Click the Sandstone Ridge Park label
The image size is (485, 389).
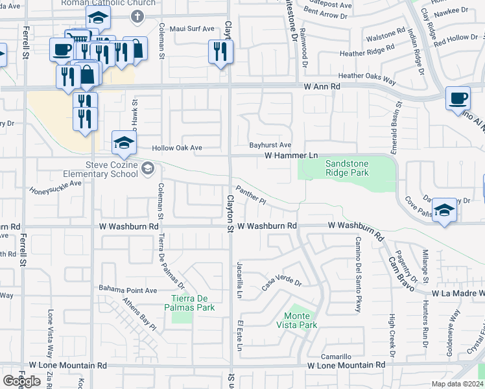click(347, 169)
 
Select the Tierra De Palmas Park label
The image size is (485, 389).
click(193, 303)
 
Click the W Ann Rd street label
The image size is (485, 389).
click(322, 86)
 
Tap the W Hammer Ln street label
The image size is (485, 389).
click(291, 156)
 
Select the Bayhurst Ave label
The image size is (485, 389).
click(270, 145)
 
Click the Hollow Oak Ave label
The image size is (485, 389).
click(177, 148)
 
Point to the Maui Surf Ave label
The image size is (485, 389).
click(191, 29)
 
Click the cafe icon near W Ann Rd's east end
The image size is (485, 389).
click(458, 98)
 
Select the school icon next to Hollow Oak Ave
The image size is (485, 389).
click(124, 143)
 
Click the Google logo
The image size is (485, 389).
click(21, 381)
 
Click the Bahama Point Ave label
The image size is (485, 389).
click(128, 290)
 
